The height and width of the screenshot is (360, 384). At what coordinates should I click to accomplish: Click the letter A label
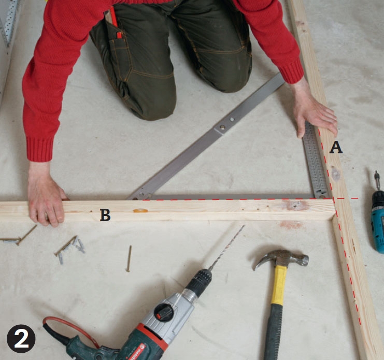pos(336,148)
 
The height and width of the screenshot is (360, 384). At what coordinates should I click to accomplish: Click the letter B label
pos(105,215)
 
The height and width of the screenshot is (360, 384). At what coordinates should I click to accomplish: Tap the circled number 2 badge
pos(21,339)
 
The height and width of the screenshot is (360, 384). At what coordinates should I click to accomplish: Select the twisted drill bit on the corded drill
pos(226,247)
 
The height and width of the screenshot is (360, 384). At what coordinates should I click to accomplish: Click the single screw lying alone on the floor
pos(129,258)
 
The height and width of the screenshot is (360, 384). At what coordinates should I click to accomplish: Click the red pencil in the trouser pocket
pos(115,22)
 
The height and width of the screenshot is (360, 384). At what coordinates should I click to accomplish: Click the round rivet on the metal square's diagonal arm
pos(222,127)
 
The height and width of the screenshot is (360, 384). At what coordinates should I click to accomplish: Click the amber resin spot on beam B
pos(140,210)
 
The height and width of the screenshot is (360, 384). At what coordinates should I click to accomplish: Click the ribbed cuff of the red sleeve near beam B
pos(40,149)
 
